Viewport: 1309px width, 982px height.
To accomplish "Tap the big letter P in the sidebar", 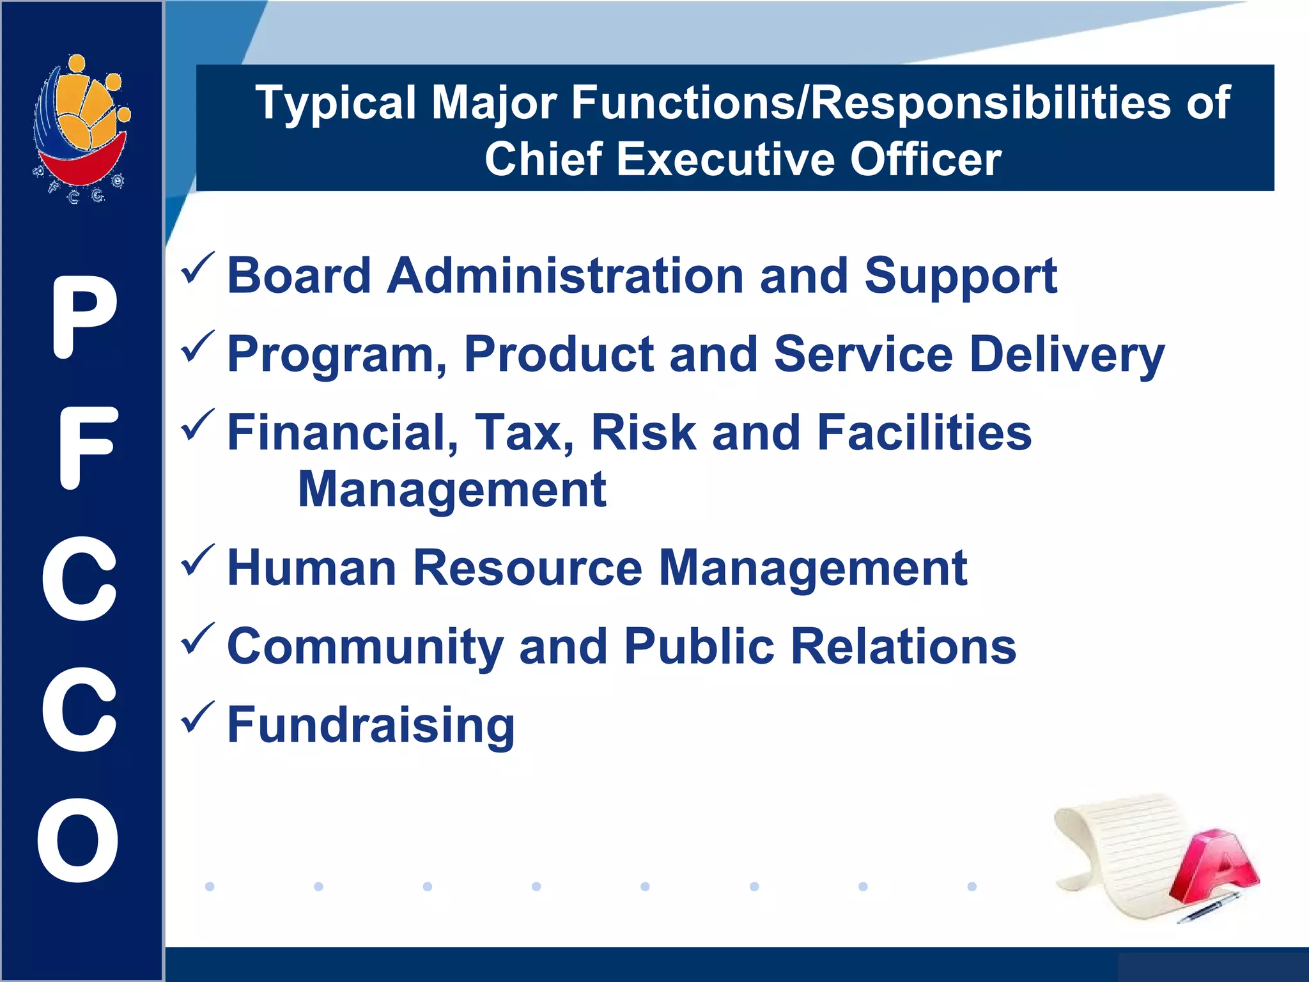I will pos(84,318).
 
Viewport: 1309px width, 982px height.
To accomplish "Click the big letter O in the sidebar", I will pos(78,840).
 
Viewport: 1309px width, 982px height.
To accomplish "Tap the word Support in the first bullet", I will pos(961,276).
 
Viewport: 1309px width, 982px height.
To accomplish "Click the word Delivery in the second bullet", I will pos(1067,355).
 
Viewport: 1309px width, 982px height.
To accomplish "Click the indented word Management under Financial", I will pos(452,490).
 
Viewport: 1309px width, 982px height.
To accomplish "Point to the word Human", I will pos(311,568).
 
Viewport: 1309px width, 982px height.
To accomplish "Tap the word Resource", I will pos(527,568).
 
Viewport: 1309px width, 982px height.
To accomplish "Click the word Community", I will pos(365,647).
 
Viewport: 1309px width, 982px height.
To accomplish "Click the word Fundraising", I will pos(371,725).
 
